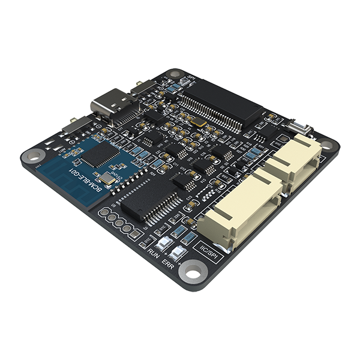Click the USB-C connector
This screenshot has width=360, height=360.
point(113,106)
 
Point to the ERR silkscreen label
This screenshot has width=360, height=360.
point(169,263)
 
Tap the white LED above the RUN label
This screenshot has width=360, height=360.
point(163,244)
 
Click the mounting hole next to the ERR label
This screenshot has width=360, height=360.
point(193,275)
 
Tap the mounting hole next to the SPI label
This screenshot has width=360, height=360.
point(175,74)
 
